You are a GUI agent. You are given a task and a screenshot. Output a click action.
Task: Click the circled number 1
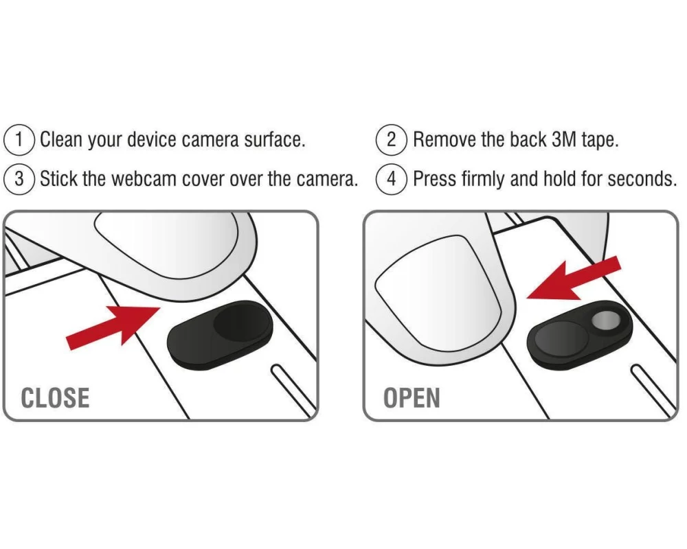[19, 140]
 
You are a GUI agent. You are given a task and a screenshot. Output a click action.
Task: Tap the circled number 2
[392, 140]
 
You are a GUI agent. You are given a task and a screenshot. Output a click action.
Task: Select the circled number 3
[19, 179]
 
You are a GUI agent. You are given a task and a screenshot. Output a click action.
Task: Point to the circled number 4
[392, 179]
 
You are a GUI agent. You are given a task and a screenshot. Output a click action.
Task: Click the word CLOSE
[55, 398]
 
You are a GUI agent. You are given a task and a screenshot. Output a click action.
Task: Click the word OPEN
[412, 398]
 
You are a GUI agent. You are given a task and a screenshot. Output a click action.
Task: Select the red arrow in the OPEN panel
[574, 279]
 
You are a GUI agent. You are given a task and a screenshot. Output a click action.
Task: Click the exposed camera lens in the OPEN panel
[606, 320]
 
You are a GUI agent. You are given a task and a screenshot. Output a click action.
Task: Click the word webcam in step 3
[144, 179]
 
